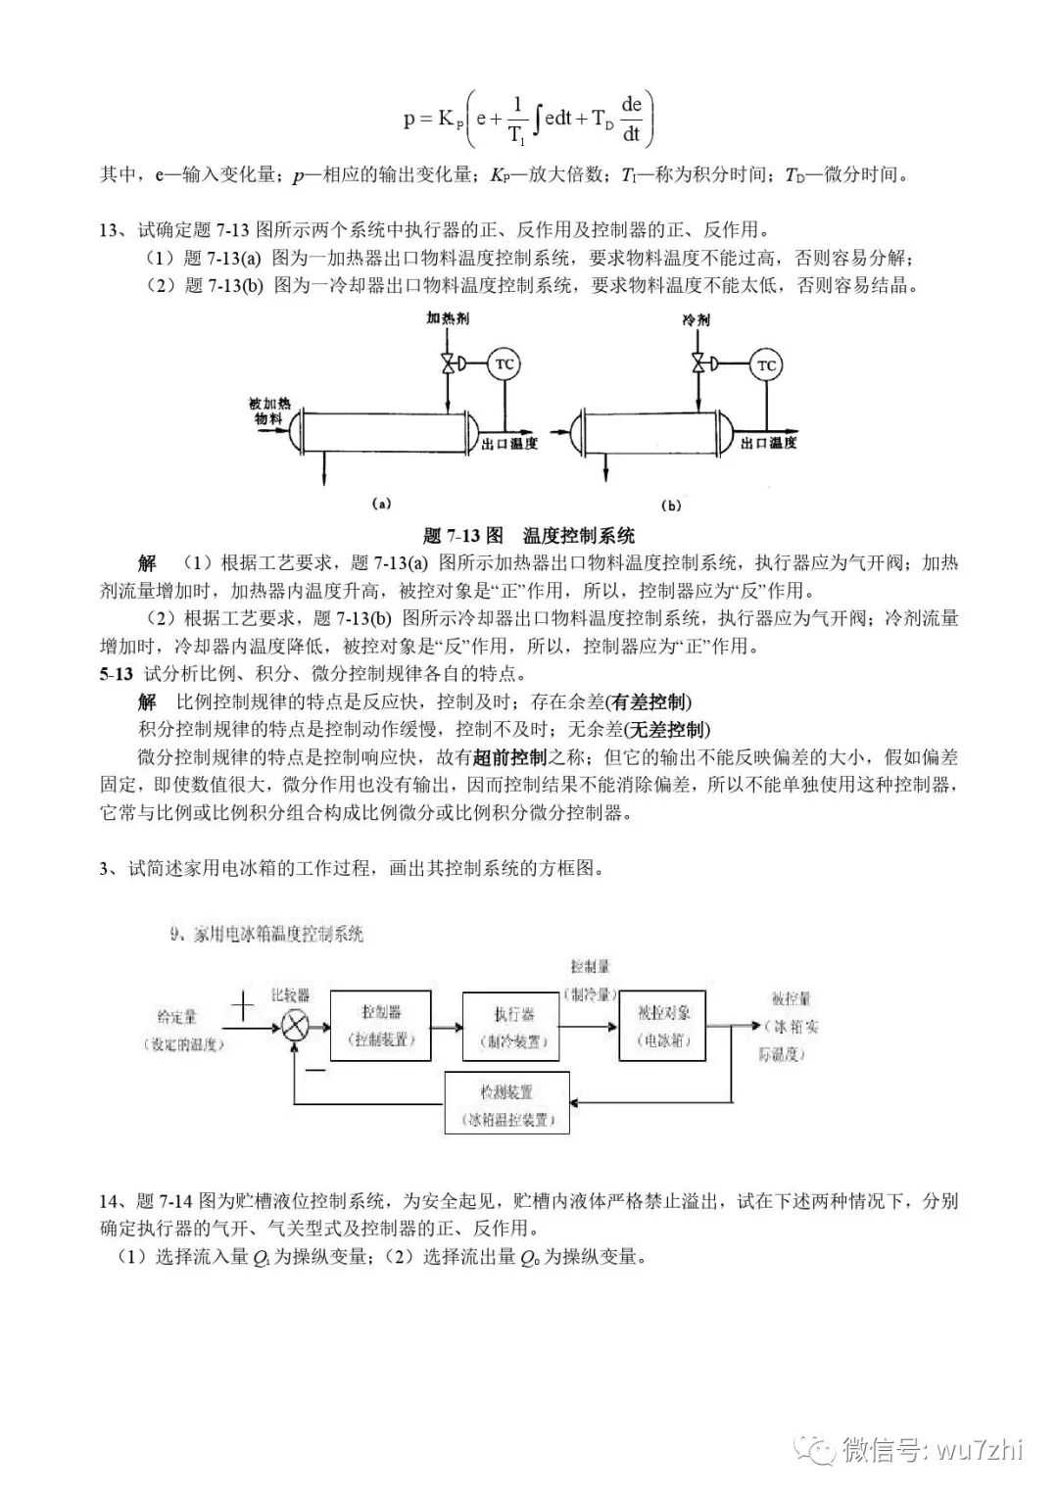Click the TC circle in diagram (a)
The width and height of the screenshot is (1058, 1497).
(504, 363)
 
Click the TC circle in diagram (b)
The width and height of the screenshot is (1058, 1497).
(766, 364)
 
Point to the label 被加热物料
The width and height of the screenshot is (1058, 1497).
(269, 410)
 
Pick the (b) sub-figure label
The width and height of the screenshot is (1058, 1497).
(671, 506)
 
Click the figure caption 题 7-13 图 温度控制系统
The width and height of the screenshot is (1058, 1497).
(529, 535)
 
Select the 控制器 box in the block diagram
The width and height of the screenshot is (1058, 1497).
(381, 1025)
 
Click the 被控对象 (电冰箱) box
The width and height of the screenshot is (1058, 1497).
(662, 1025)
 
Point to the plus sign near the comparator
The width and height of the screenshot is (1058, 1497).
(242, 1005)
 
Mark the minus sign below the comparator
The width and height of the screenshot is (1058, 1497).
(314, 1069)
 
